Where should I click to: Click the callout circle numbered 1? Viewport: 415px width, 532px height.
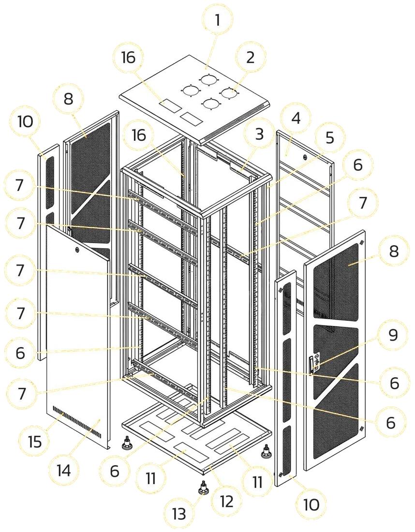click(218, 20)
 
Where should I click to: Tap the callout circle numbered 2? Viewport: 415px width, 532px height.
click(250, 58)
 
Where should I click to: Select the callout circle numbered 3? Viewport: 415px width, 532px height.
click(259, 134)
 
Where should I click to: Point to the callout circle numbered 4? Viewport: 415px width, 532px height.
click(296, 118)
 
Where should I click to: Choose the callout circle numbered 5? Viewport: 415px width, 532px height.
click(329, 138)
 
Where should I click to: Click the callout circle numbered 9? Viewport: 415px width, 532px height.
click(393, 335)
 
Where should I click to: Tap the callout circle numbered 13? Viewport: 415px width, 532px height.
click(179, 515)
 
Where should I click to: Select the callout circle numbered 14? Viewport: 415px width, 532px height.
click(63, 471)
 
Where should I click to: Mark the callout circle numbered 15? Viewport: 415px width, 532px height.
click(35, 442)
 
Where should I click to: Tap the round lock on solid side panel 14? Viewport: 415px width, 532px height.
click(77, 250)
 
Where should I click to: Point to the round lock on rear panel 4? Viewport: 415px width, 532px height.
click(304, 157)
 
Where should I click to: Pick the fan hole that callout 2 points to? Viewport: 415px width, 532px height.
click(230, 93)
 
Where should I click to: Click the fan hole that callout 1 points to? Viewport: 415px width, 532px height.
click(209, 79)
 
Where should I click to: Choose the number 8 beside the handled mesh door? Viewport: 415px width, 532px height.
click(394, 252)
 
